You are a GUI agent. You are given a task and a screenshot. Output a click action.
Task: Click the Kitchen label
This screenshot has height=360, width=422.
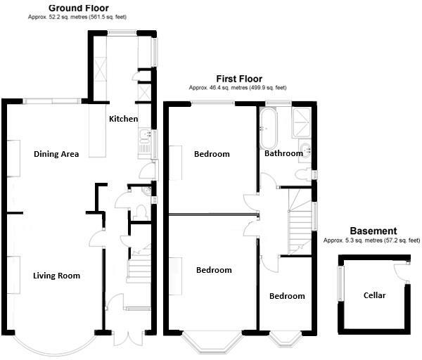123,119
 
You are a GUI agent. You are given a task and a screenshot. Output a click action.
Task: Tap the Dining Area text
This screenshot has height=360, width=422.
56,154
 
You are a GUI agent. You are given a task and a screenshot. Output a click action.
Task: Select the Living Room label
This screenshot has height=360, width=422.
56,276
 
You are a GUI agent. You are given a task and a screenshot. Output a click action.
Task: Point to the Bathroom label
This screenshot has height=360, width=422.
283,153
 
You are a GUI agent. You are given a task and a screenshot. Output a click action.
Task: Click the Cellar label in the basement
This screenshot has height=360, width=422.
374,295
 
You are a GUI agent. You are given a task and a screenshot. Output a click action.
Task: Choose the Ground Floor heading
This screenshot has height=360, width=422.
77,8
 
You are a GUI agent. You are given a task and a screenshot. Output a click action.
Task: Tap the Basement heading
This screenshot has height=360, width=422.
373,231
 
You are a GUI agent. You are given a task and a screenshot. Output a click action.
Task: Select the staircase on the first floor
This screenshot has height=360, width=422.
300,225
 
